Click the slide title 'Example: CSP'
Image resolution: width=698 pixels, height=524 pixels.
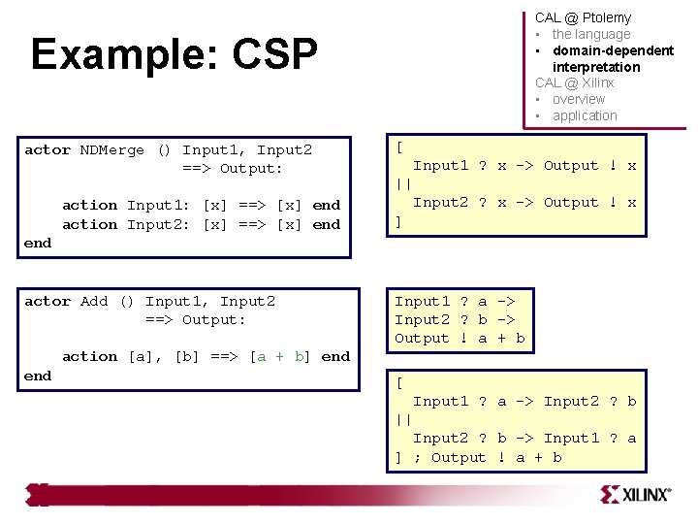click(x=174, y=55)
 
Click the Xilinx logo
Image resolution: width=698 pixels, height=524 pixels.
click(x=635, y=494)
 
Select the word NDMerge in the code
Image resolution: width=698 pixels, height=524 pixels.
click(x=112, y=149)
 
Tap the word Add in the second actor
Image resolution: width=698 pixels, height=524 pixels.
click(x=94, y=301)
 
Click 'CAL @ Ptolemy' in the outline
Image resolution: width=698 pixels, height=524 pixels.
click(x=583, y=17)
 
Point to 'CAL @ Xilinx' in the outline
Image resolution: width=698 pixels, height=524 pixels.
click(x=575, y=82)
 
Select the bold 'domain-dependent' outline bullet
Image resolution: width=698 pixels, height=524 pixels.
click(x=613, y=50)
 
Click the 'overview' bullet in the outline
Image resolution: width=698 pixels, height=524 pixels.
click(x=578, y=99)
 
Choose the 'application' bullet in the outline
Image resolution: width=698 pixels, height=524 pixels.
click(x=585, y=115)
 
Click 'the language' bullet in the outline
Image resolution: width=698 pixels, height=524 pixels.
click(x=590, y=34)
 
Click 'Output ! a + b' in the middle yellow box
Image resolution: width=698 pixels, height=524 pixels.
click(x=460, y=338)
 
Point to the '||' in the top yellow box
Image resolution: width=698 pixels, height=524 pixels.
click(x=403, y=183)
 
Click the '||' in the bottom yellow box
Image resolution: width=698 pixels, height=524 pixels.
click(x=403, y=419)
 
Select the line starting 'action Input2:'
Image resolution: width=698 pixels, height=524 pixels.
click(x=201, y=224)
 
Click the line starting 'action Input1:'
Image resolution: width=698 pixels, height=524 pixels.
click(x=201, y=205)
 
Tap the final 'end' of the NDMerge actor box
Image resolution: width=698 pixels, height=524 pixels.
click(x=38, y=243)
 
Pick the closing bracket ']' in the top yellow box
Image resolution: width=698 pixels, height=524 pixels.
click(x=398, y=221)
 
